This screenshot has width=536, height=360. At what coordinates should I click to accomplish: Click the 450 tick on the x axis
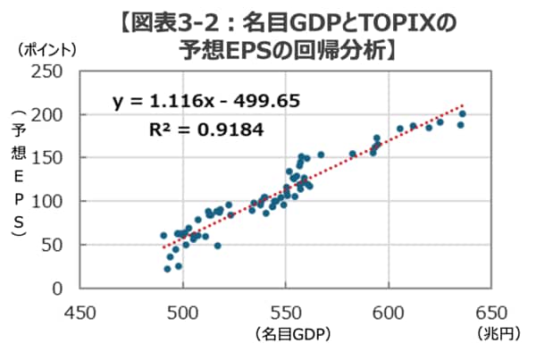80,314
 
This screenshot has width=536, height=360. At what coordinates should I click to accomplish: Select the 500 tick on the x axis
183,314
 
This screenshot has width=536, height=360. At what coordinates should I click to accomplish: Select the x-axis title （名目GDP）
287,336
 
